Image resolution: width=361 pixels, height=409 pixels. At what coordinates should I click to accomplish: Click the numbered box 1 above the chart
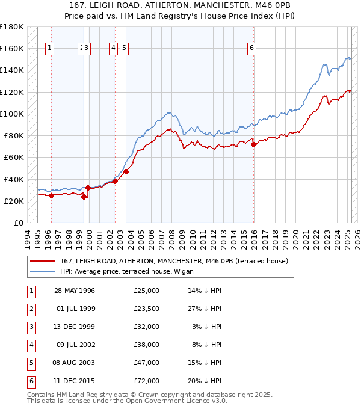[49, 49]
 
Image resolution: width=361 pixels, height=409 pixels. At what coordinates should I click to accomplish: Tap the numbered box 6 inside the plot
[251, 49]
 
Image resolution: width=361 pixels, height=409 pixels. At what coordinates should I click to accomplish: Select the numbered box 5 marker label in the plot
[123, 49]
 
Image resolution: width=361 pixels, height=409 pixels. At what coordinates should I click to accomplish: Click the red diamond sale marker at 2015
[253, 144]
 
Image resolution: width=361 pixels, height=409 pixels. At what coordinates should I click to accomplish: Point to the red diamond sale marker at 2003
[126, 171]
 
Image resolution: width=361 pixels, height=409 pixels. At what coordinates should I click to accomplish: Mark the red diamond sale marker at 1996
[52, 195]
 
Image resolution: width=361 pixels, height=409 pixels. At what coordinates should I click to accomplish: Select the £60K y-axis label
[13, 158]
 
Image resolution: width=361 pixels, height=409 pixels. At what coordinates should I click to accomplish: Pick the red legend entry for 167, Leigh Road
[174, 261]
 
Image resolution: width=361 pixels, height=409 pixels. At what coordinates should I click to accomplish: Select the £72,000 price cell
[147, 381]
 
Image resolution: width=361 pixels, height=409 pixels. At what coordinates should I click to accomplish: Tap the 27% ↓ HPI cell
[205, 309]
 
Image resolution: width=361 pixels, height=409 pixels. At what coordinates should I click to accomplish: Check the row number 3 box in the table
[31, 327]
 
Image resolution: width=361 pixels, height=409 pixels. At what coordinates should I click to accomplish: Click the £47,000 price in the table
[147, 363]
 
